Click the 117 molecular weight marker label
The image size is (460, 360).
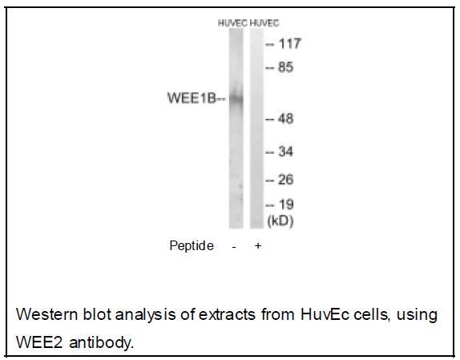(x=289, y=44)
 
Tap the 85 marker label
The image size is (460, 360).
(x=285, y=67)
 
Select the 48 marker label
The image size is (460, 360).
(x=285, y=119)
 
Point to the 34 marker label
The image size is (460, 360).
(x=285, y=152)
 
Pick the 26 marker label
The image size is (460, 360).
(x=285, y=180)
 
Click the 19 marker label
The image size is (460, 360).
(x=286, y=204)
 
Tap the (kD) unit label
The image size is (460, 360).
(x=280, y=221)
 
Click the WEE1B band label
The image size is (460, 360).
(x=192, y=98)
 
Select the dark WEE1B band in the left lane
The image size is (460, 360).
(x=236, y=99)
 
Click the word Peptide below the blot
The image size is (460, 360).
(x=192, y=245)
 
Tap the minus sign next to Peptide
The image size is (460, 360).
(x=234, y=247)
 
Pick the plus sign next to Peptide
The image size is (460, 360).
(x=258, y=245)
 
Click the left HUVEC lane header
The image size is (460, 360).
(x=232, y=23)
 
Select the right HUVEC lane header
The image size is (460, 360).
(x=264, y=23)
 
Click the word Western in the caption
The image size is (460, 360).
(x=47, y=314)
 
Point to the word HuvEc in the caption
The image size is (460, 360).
(x=325, y=314)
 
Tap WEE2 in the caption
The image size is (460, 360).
(x=39, y=342)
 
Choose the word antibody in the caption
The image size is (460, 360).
(x=102, y=342)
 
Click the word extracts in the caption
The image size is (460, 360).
(x=227, y=315)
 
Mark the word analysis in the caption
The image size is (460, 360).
(x=146, y=315)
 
